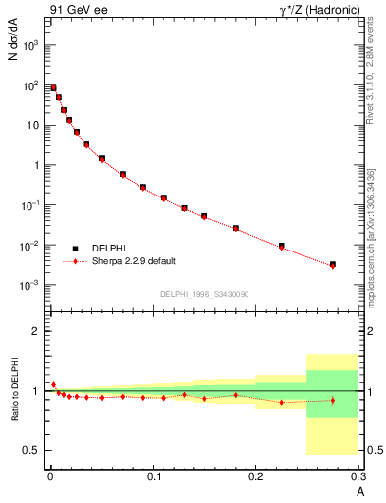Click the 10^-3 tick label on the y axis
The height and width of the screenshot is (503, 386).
click(31, 285)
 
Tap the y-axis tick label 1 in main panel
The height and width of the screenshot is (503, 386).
click(37, 165)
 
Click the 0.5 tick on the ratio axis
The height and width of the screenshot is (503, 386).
click(32, 451)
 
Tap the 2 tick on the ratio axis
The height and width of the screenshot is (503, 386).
click(37, 331)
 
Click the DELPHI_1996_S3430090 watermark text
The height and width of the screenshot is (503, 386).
click(203, 295)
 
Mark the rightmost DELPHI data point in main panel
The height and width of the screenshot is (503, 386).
click(333, 264)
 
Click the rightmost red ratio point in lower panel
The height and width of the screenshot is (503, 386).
click(333, 400)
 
